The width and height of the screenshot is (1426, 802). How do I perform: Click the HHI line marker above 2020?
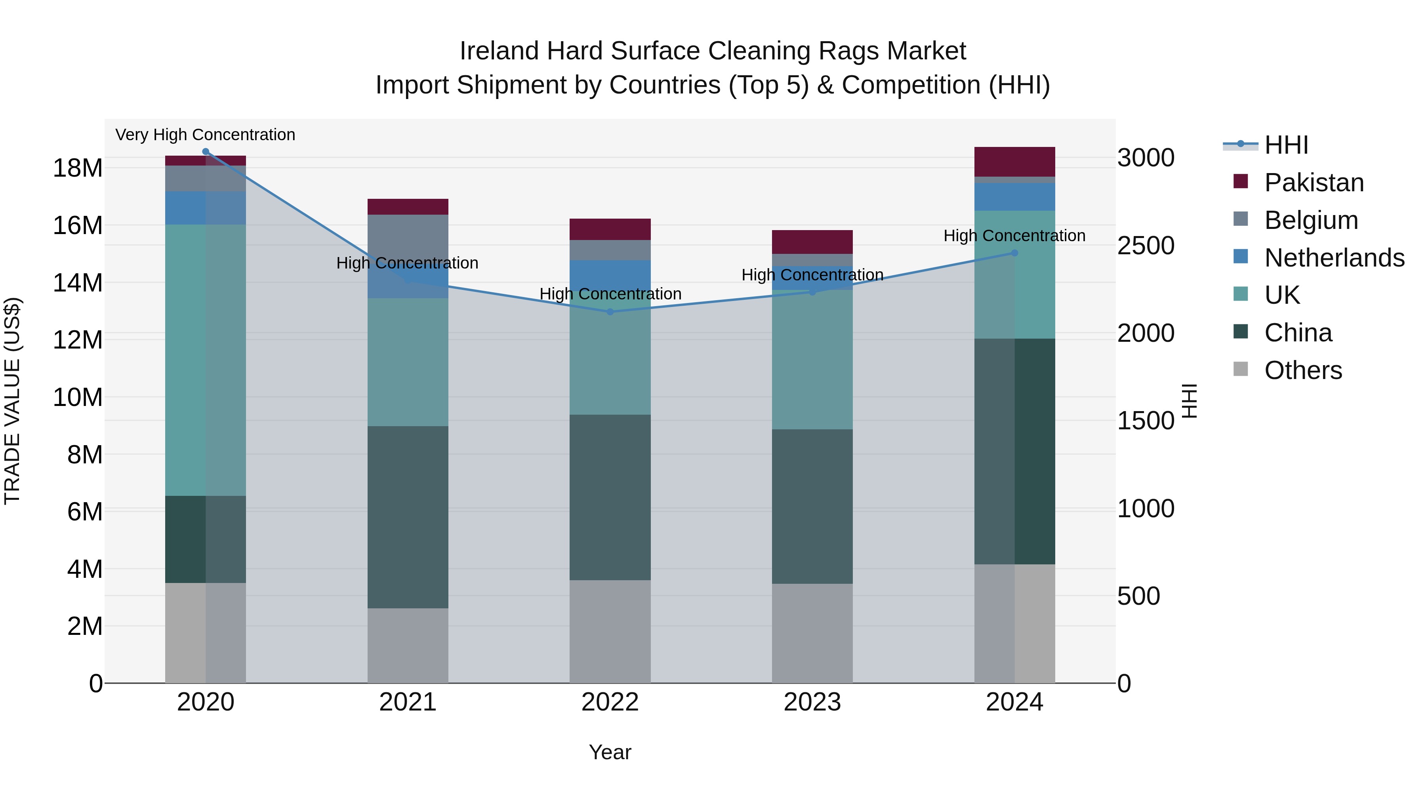click(205, 152)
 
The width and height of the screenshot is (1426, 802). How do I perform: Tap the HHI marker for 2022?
click(610, 312)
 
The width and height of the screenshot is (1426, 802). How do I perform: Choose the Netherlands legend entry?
click(1334, 258)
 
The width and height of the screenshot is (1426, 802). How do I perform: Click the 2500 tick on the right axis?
click(1145, 246)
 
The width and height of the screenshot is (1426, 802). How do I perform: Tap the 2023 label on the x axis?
click(812, 702)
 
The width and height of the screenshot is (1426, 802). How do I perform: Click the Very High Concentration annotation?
click(205, 135)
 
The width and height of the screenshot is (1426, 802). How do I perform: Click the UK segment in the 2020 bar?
click(205, 360)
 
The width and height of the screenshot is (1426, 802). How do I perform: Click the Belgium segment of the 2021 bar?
click(408, 235)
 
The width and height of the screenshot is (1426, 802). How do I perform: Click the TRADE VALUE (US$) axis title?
click(12, 401)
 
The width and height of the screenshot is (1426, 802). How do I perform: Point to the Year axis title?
click(610, 752)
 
